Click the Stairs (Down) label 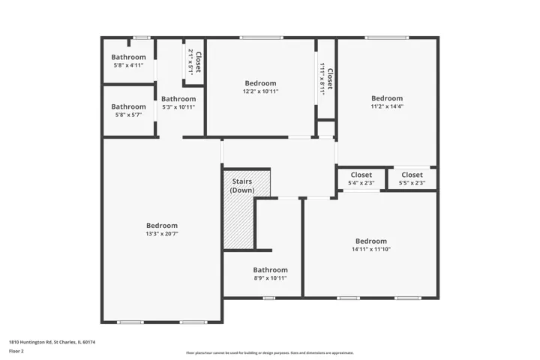242,186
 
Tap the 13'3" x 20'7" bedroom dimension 162,234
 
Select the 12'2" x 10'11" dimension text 260,91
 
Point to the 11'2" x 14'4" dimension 387,106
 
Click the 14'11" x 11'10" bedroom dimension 371,249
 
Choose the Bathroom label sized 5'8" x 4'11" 128,57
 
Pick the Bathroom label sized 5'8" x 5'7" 128,106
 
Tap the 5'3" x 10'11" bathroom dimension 178,107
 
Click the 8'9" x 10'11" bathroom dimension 270,278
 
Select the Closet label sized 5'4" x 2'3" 361,175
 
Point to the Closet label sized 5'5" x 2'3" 412,175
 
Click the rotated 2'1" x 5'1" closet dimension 190,62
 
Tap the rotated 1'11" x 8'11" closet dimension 322,79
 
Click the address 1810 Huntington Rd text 31,342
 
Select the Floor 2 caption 16,351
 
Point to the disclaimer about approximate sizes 270,352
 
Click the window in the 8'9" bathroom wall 268,298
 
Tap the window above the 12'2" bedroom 262,37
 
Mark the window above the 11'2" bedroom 387,37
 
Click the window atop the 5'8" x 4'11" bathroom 142,37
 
